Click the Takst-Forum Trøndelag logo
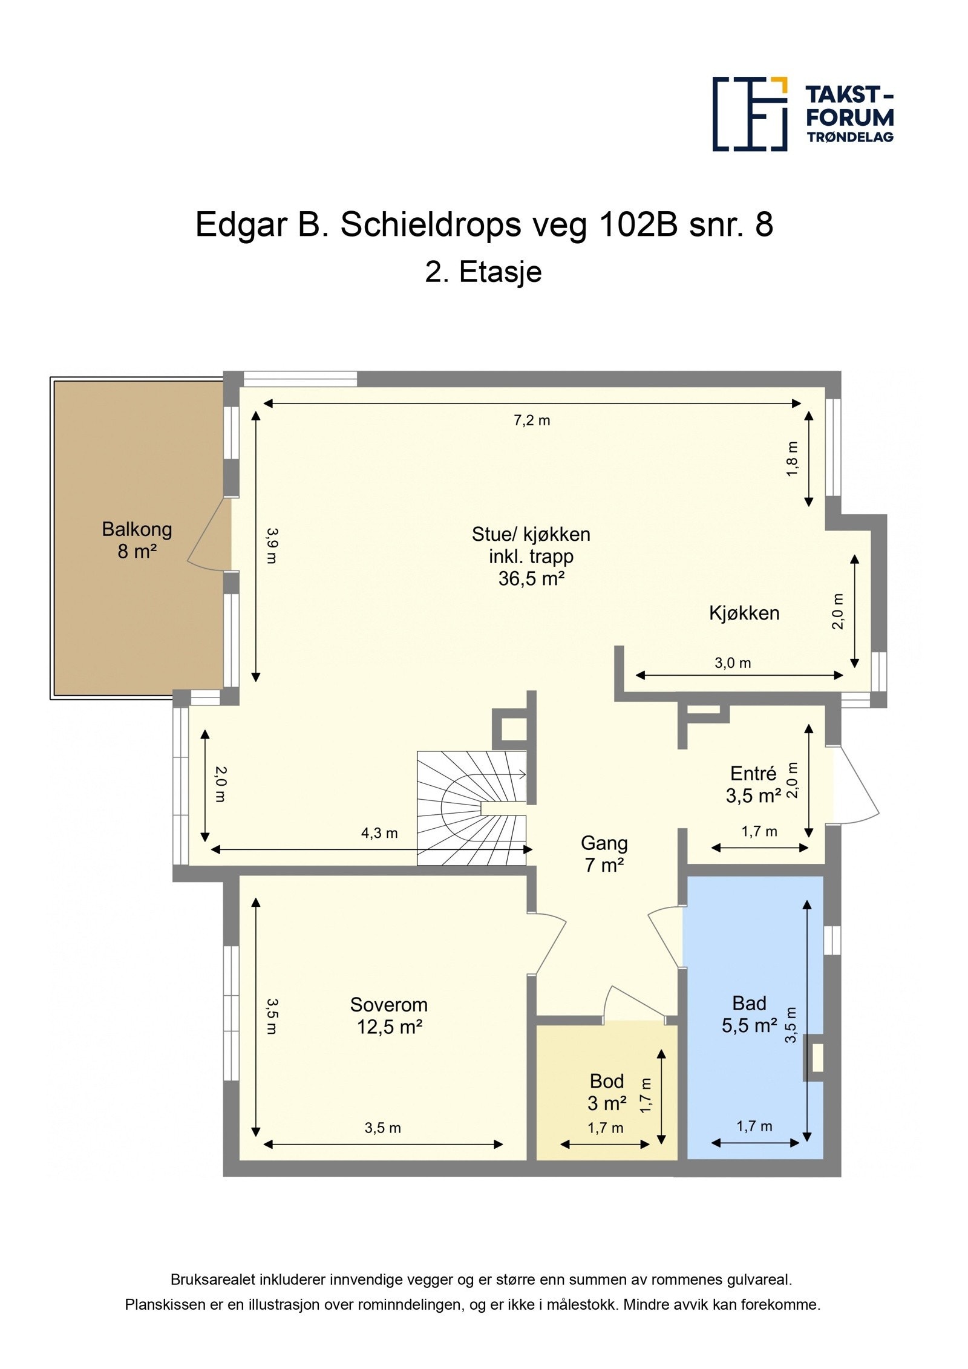[x=802, y=113]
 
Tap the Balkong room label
[x=137, y=540]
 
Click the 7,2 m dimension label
[x=531, y=420]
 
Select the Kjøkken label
[x=744, y=613]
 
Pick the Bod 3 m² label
[x=606, y=1092]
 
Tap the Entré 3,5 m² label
[x=753, y=785]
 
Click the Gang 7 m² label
[x=603, y=854]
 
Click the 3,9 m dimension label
[x=272, y=546]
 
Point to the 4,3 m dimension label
[x=379, y=833]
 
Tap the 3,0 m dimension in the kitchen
[x=732, y=663]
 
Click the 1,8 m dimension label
[x=792, y=459]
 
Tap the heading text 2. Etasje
[x=483, y=272]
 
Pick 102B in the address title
[x=639, y=224]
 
